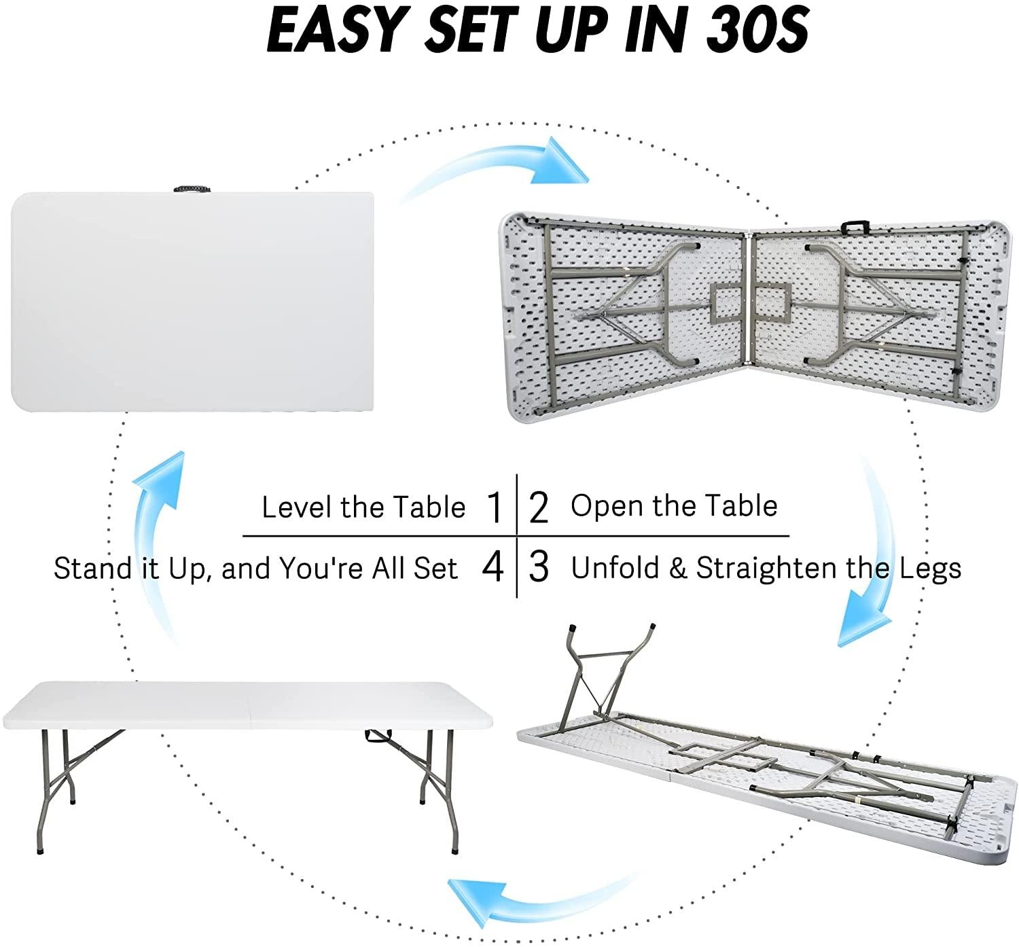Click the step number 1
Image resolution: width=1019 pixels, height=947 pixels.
coord(495,507)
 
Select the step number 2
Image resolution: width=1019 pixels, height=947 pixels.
coord(538,507)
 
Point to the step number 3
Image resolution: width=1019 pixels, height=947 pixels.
coord(538,567)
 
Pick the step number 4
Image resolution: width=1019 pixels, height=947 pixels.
coord(493,567)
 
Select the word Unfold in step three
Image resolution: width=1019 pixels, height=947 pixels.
coord(615,568)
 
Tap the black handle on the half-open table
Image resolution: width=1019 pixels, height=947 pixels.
coord(855,226)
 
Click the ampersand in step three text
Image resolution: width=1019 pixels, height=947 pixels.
coord(677,568)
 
